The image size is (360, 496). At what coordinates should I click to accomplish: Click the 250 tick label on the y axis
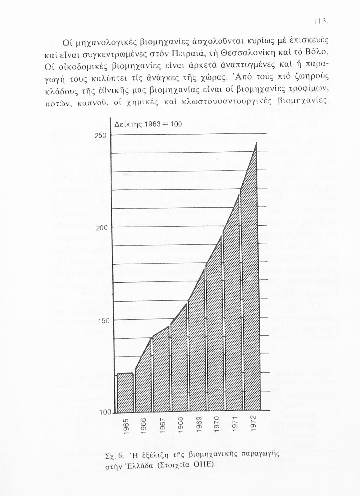[x=101, y=136]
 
